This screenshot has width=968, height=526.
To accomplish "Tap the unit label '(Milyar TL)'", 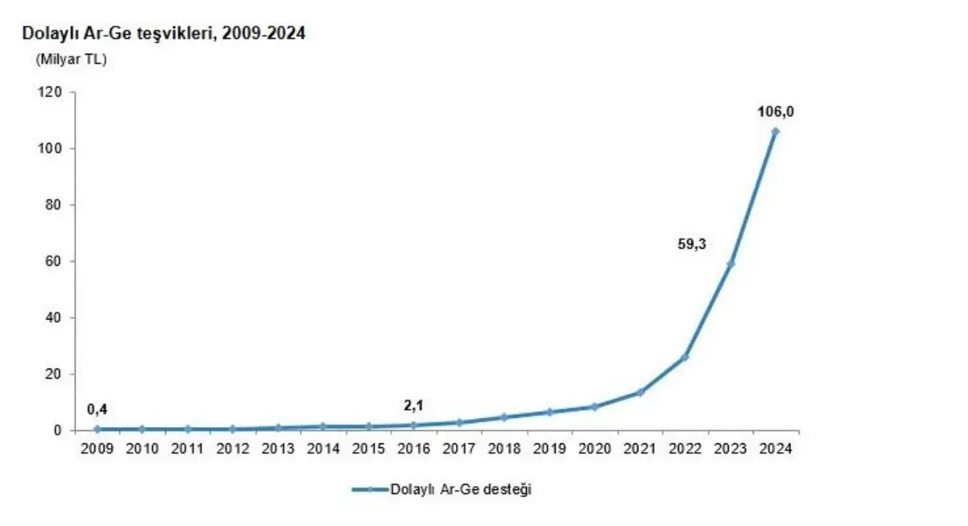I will (71, 59).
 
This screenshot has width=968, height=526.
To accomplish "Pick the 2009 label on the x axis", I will (97, 450).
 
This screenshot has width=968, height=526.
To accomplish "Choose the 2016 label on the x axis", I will (413, 450).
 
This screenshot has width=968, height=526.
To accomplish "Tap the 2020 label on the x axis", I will (594, 450).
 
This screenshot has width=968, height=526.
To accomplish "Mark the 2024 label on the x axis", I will (775, 450).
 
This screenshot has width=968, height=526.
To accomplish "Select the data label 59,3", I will (691, 244).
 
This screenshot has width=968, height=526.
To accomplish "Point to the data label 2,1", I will (413, 405).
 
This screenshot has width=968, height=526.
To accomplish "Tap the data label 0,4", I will (97, 409).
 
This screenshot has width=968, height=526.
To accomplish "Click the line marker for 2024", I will (775, 132).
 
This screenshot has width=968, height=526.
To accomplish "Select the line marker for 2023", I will (730, 263).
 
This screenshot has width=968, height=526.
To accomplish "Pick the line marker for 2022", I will (685, 356).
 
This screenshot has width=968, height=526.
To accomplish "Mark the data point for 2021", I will (640, 392).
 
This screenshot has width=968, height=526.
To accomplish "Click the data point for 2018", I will (503, 417).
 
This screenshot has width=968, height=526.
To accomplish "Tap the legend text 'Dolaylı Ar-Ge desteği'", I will (461, 489).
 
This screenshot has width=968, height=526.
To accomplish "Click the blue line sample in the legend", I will (369, 489).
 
